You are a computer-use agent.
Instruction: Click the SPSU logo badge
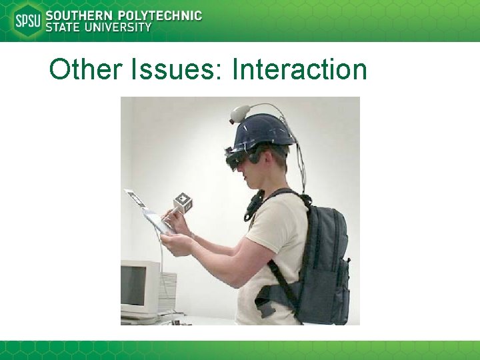tap(27, 21)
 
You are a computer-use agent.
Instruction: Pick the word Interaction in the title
tap(299, 69)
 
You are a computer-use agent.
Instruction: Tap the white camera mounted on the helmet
tap(239, 113)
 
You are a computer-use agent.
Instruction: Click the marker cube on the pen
tap(183, 203)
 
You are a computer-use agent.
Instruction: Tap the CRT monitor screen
tap(132, 285)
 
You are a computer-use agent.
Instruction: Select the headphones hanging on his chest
tap(254, 203)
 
